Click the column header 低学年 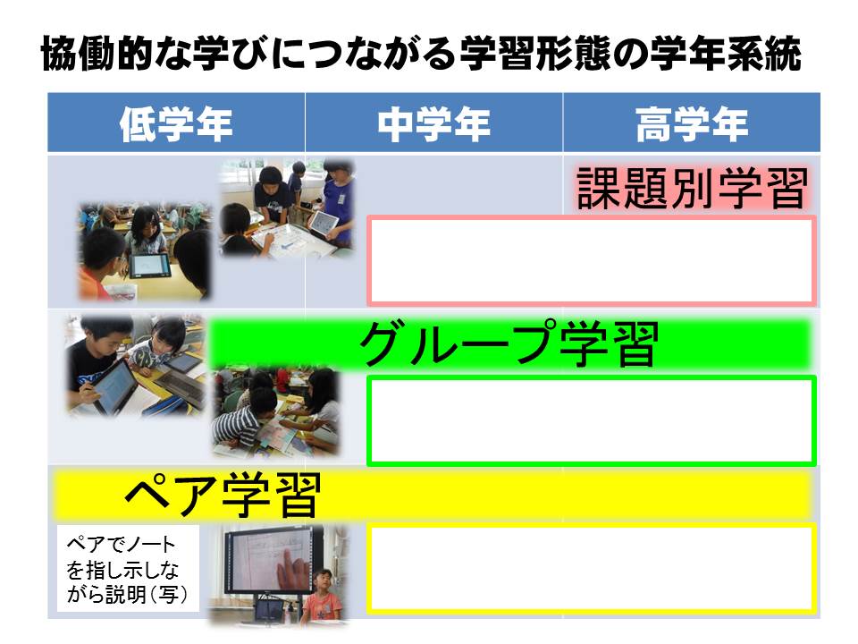click(176, 123)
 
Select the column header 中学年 click(434, 123)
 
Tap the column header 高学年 click(692, 123)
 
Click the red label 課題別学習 click(692, 188)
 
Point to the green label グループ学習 click(509, 343)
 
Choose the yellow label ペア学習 click(223, 495)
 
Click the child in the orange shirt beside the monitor click(323, 596)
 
